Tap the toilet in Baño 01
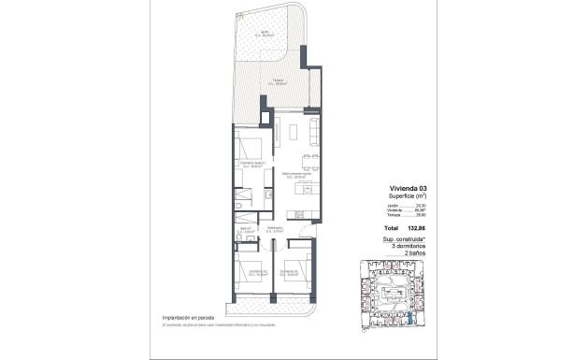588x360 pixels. coord(238,206)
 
